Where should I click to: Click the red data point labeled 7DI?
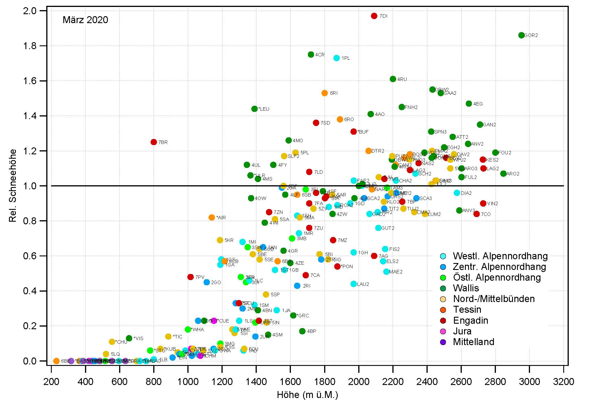(x=374, y=16)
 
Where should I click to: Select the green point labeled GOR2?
(x=521, y=35)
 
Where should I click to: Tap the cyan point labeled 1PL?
(x=337, y=58)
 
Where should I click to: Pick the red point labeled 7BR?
(x=154, y=142)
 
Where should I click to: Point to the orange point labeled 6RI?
(x=325, y=93)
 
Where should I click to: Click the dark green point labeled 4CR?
(x=311, y=55)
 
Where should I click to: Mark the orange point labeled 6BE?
(x=56, y=361)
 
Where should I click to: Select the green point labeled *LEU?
(x=255, y=109)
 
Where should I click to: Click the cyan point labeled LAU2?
(x=354, y=284)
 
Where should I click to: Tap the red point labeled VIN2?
(x=483, y=203)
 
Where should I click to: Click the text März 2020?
(x=85, y=20)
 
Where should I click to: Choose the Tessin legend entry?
(x=467, y=310)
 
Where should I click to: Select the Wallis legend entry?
(x=466, y=288)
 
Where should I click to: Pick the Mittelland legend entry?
(x=473, y=342)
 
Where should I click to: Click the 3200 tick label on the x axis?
(x=563, y=382)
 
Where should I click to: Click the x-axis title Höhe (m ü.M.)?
(x=307, y=395)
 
